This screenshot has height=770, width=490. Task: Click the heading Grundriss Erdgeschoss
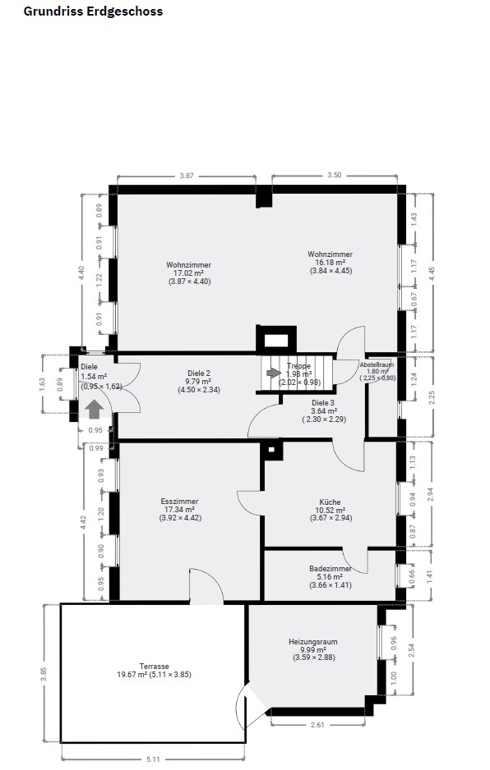point(93,11)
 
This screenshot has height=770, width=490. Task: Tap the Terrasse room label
point(154,667)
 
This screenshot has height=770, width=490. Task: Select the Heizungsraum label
point(313,641)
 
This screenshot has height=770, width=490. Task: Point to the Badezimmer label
point(331,569)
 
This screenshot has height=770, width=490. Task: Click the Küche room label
point(330,502)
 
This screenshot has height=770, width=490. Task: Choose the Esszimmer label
point(179,502)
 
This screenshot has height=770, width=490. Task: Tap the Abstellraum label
point(377,364)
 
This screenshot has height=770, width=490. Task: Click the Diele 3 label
point(323,403)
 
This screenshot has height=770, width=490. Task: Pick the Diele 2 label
point(199,373)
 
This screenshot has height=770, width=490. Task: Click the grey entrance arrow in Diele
point(94,409)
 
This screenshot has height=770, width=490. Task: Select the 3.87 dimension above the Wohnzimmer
point(187,176)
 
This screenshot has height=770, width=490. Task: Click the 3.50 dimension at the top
point(334,175)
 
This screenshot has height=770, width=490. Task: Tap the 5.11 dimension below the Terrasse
point(153,759)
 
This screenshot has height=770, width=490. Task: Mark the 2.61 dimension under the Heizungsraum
point(318,724)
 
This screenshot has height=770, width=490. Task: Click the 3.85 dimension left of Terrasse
point(44,674)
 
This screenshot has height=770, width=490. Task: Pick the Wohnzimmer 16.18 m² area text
point(330,262)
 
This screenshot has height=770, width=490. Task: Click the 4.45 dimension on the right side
point(432,273)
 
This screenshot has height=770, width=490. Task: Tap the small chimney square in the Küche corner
point(271,449)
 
